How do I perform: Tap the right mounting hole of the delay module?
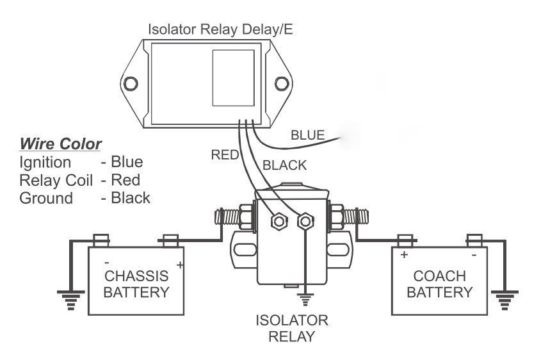pyautogui.click(x=282, y=83)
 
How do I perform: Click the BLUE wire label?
pyautogui.click(x=307, y=135)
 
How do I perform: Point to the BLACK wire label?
pyautogui.click(x=284, y=165)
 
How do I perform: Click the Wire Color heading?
pyautogui.click(x=61, y=142)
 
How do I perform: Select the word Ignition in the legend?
pyautogui.click(x=45, y=161)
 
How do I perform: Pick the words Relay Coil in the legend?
pyautogui.click(x=56, y=179)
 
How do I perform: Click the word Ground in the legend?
pyautogui.click(x=46, y=198)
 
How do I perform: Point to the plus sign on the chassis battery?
pyautogui.click(x=180, y=265)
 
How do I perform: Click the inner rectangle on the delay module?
pyautogui.click(x=233, y=78)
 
